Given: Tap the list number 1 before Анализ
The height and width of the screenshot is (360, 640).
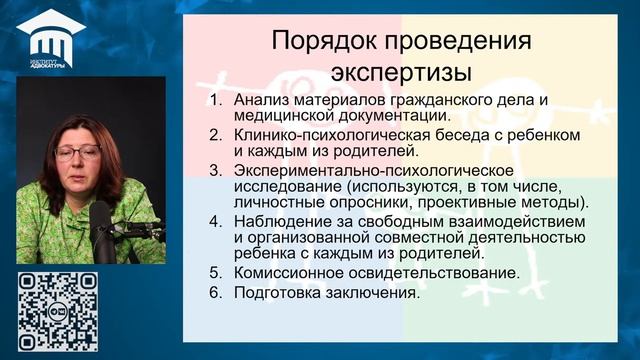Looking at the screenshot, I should (x=215, y=100).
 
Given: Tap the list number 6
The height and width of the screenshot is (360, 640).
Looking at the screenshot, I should (x=215, y=294).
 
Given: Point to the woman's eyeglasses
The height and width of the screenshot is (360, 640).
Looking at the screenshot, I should (x=78, y=153).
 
